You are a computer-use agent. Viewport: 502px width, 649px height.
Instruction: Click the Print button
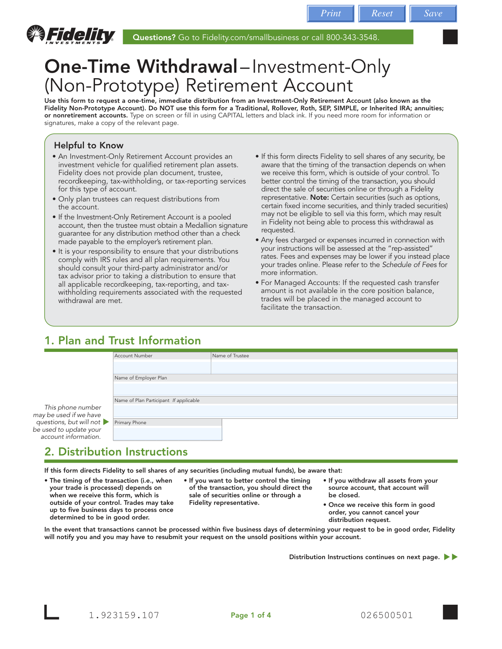pyautogui.click(x=330, y=13)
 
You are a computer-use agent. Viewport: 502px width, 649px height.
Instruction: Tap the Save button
pyautogui.click(x=433, y=13)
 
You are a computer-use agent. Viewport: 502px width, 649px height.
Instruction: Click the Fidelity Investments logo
pyautogui.click(x=71, y=35)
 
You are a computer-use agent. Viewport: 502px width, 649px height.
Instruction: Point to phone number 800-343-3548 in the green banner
pyautogui.click(x=352, y=37)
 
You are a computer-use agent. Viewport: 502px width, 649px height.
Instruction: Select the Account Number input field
pyautogui.click(x=162, y=367)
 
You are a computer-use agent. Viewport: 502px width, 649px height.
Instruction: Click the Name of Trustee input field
pyautogui.click(x=334, y=367)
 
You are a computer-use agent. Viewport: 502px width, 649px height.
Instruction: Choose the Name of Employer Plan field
pyautogui.click(x=285, y=389)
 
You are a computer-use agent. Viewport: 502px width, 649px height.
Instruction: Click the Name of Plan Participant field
pyautogui.click(x=285, y=411)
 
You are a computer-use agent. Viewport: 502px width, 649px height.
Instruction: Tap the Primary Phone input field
pyautogui.click(x=167, y=433)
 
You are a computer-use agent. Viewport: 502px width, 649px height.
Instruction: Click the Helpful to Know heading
pyautogui.click(x=89, y=145)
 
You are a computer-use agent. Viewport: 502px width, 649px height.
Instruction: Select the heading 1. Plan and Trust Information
pyautogui.click(x=123, y=341)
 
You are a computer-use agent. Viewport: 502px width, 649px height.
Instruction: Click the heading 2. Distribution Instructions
pyautogui.click(x=116, y=452)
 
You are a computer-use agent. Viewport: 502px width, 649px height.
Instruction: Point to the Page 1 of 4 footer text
pyautogui.click(x=251, y=615)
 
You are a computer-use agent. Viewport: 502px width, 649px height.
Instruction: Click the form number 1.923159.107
pyautogui.click(x=124, y=615)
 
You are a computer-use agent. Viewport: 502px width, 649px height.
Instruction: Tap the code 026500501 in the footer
pyautogui.click(x=387, y=615)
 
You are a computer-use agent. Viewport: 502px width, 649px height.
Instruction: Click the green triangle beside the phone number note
pyautogui.click(x=106, y=422)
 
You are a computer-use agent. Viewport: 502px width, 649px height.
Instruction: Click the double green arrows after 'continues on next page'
pyautogui.click(x=451, y=557)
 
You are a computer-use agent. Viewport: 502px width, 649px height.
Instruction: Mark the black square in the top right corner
pyautogui.click(x=450, y=37)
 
